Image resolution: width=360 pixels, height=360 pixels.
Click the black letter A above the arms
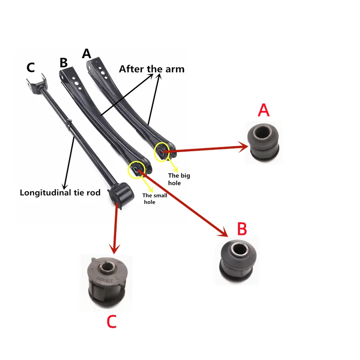click(86, 54)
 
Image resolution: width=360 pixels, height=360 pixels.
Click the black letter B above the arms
click(64, 63)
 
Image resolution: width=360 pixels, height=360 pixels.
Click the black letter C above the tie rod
click(31, 68)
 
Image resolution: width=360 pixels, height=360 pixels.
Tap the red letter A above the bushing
click(264, 109)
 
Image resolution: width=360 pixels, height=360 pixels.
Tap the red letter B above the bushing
click(242, 229)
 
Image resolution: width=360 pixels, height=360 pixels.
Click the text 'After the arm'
click(152, 69)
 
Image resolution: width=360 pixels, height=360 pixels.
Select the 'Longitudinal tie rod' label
click(60, 193)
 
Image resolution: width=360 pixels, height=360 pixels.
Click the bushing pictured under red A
click(264, 141)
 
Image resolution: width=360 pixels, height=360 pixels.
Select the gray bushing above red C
click(107, 279)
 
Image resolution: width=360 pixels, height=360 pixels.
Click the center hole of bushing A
click(264, 132)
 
